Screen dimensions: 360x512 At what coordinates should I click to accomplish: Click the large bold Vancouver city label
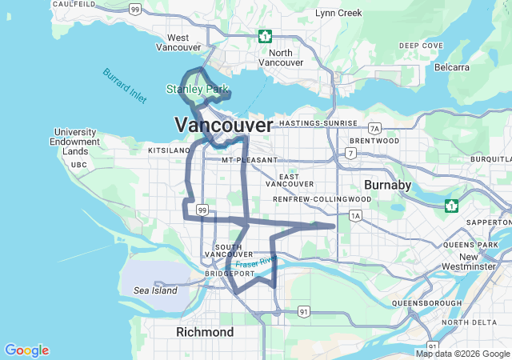point(223,125)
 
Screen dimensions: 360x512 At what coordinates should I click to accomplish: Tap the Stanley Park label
point(197,90)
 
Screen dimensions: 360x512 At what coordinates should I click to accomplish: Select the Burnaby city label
point(387,185)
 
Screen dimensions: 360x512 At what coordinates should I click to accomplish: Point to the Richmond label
point(205,331)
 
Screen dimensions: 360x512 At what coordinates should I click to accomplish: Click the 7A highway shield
point(374,129)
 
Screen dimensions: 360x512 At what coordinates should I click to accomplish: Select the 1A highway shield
point(355,215)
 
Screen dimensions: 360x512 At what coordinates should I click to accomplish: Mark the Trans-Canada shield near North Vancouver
point(265,36)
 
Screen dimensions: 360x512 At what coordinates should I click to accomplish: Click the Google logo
point(26,350)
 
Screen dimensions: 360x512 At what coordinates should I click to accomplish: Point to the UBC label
point(78,165)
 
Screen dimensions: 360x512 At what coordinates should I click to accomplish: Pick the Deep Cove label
point(421,46)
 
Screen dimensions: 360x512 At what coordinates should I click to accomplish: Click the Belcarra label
point(451,67)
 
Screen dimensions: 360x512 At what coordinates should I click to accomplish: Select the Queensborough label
point(426,303)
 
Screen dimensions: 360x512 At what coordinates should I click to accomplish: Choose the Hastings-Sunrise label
point(313,123)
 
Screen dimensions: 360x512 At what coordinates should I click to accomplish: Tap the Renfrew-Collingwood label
point(322,198)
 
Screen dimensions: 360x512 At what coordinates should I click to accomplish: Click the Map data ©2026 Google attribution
point(462,354)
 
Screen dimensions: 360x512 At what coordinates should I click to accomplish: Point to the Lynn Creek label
point(338,14)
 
